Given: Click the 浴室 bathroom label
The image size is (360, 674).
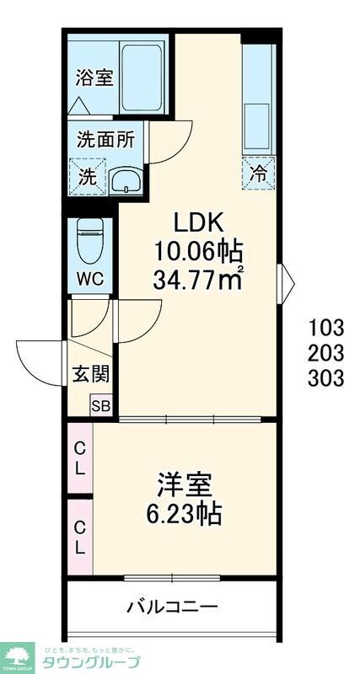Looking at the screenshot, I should [92, 78].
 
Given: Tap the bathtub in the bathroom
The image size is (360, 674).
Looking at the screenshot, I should [145, 75].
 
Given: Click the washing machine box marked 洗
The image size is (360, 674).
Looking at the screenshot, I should [87, 176].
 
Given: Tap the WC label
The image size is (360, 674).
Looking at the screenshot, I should [89, 279].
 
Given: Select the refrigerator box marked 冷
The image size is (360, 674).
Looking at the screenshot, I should [259, 174].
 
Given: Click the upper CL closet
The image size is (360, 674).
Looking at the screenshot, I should [79, 459].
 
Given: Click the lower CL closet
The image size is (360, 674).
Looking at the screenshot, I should [79, 538].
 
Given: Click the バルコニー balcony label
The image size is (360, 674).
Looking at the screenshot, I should [172, 607].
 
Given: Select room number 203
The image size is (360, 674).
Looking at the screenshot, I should [325, 351].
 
